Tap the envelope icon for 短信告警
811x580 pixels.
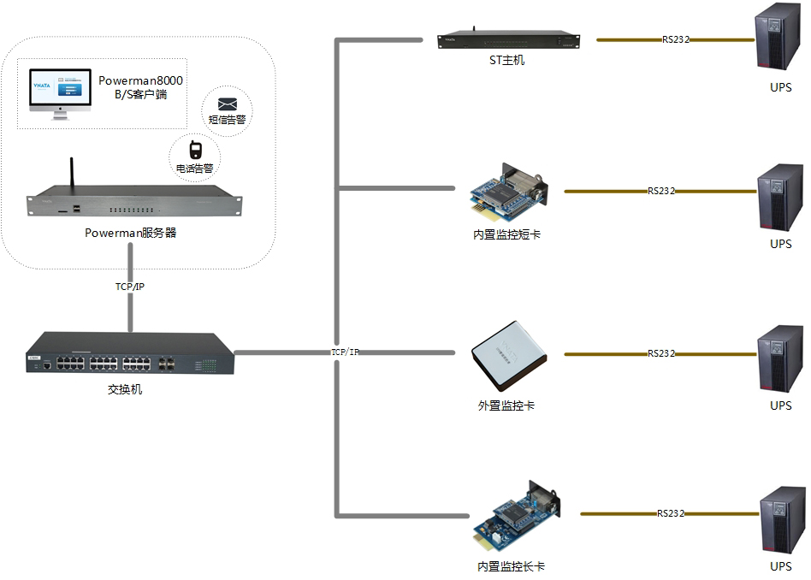tap(227, 103)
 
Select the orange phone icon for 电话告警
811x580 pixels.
tap(195, 151)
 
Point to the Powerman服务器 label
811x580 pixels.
tap(130, 233)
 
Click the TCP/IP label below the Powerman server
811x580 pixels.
tap(130, 287)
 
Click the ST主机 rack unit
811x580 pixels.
tap(507, 40)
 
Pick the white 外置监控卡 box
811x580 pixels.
tap(508, 354)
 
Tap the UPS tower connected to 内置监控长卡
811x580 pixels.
tap(782, 519)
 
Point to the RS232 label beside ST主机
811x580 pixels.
tap(676, 39)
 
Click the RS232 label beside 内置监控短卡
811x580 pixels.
tap(661, 192)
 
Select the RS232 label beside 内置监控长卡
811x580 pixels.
tap(671, 514)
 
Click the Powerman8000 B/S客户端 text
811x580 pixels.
tap(141, 87)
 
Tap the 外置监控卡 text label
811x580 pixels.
tap(506, 405)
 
